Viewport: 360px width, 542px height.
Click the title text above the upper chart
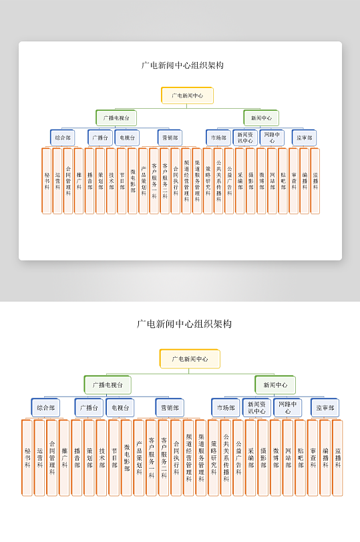182,65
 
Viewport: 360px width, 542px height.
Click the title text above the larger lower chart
184,324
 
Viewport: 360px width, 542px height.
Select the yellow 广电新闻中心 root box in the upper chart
187,95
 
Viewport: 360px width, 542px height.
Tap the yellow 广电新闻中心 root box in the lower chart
190,358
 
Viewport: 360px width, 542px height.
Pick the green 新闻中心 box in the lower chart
275,385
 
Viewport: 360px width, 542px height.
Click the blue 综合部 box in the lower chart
46,407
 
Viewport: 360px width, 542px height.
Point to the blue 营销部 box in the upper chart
170,138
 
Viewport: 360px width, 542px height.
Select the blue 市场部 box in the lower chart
226,407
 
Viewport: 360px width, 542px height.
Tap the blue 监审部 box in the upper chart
304,138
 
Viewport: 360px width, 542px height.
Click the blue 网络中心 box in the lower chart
287,407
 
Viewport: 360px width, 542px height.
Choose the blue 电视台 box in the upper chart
127,138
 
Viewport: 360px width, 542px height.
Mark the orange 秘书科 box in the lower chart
27,457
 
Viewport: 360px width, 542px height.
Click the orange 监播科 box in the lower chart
337,457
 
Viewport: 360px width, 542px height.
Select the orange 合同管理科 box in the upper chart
68,180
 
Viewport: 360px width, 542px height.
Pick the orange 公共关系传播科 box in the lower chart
226,457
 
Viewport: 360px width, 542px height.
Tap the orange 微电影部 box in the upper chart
132,180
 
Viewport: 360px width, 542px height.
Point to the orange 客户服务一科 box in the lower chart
152,457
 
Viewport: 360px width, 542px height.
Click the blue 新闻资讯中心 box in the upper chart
244,138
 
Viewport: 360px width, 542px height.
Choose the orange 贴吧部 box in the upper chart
283,180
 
